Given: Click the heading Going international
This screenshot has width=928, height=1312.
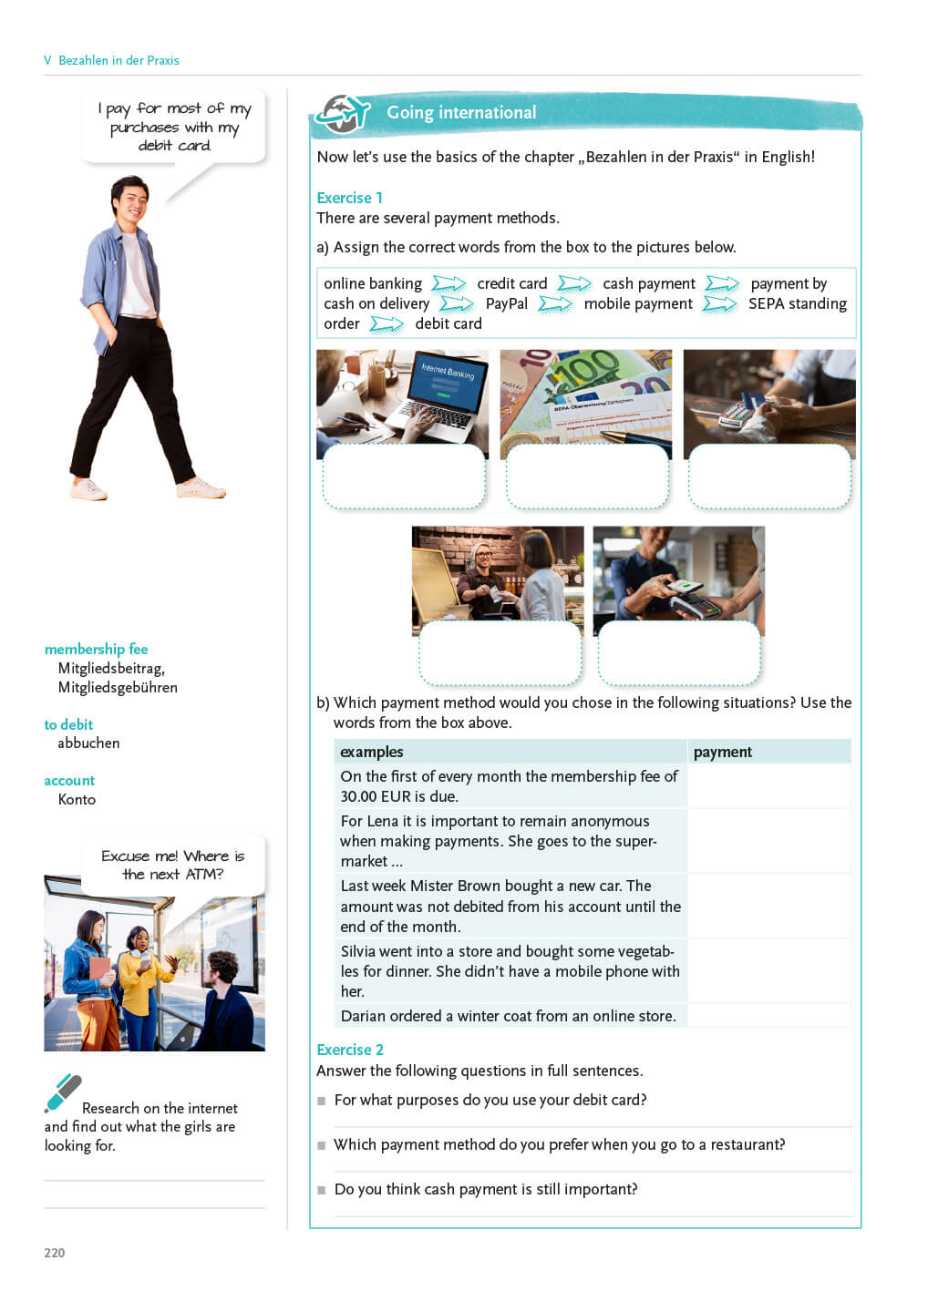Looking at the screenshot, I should pos(461,113).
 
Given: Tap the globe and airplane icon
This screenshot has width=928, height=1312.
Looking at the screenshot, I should pos(342,115).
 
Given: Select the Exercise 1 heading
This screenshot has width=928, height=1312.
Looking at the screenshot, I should pos(349,198).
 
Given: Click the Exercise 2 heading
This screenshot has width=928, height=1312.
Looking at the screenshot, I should pos(349,1050).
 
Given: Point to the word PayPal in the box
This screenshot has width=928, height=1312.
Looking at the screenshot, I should pos(506,303).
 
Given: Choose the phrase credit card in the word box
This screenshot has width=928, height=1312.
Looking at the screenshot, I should pos(511,283).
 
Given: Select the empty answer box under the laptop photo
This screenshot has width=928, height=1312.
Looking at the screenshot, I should pos(403,476).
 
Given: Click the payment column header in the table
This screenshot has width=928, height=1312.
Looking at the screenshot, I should pos(722,752).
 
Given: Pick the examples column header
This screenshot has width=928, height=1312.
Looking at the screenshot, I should pos(371,752).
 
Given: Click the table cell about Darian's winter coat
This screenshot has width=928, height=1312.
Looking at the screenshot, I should pos(508,1016).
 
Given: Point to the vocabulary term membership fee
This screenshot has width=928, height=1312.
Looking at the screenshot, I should pos(96,649).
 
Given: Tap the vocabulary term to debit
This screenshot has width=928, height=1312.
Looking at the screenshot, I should pos(68,724).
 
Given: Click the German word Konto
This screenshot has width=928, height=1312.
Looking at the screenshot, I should pos(77,799).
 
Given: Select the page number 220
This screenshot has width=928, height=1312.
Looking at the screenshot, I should pos(55,1253).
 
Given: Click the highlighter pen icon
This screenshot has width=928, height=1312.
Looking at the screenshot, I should pos(63,1092).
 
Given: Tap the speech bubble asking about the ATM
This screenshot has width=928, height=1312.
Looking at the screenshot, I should pos(172,865).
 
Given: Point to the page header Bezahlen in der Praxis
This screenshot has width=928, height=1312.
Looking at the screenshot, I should pos(119,60).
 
